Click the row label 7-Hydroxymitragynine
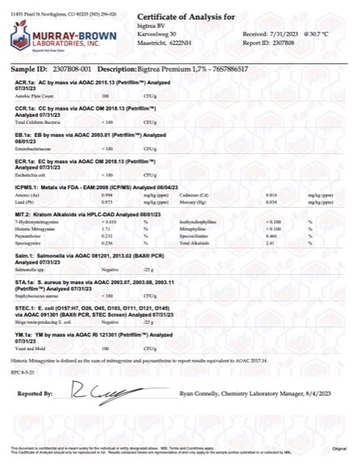click(37, 223)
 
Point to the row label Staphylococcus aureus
click(37, 296)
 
